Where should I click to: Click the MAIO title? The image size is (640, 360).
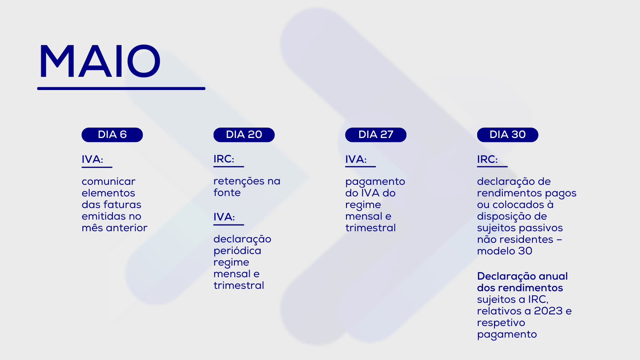point(100,61)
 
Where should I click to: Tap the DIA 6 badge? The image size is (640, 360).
point(112,135)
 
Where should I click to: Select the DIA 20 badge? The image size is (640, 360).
point(244,135)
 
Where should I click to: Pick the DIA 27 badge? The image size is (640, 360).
point(376,135)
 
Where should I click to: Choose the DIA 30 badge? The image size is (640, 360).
point(508,135)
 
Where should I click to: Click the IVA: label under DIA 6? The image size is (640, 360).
point(92,160)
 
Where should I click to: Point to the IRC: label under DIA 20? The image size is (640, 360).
point(224,159)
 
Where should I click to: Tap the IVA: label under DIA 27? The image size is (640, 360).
point(356,160)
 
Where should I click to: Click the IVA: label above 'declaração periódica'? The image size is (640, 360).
point(224,217)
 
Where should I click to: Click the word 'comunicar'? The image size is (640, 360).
point(108,182)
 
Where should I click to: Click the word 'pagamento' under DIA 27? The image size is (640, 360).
point(375,182)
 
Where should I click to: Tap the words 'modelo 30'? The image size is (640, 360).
point(504,251)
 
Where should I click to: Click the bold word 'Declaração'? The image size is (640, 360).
point(506,276)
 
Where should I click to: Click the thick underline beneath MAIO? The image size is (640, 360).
point(121,88)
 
